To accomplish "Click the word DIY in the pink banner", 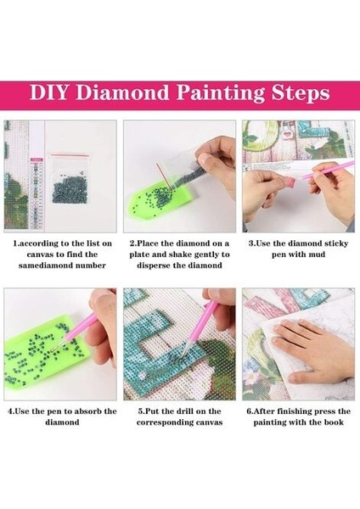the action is click(x=49, y=92).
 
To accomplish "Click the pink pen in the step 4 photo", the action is click(x=81, y=327).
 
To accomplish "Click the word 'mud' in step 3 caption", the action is click(x=317, y=255).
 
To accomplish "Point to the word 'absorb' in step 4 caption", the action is click(x=88, y=411).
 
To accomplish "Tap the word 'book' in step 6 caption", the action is click(x=335, y=422).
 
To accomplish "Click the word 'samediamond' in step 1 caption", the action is click(x=46, y=266).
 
